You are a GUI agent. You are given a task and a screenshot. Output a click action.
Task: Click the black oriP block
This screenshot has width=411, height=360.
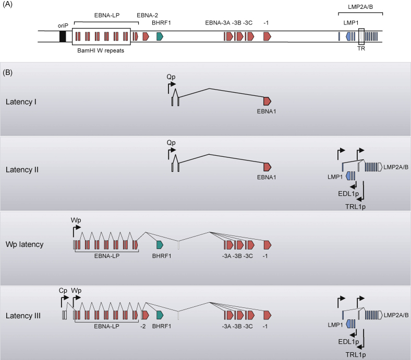click(63, 36)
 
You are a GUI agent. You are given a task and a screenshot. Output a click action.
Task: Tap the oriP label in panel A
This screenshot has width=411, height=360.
click(63, 25)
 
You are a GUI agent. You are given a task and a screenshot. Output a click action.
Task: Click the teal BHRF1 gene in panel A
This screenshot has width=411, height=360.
click(160, 36)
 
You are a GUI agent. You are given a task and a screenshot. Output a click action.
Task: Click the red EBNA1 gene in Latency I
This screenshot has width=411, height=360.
click(268, 101)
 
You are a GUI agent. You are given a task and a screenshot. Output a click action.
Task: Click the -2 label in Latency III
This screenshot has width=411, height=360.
click(143, 326)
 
